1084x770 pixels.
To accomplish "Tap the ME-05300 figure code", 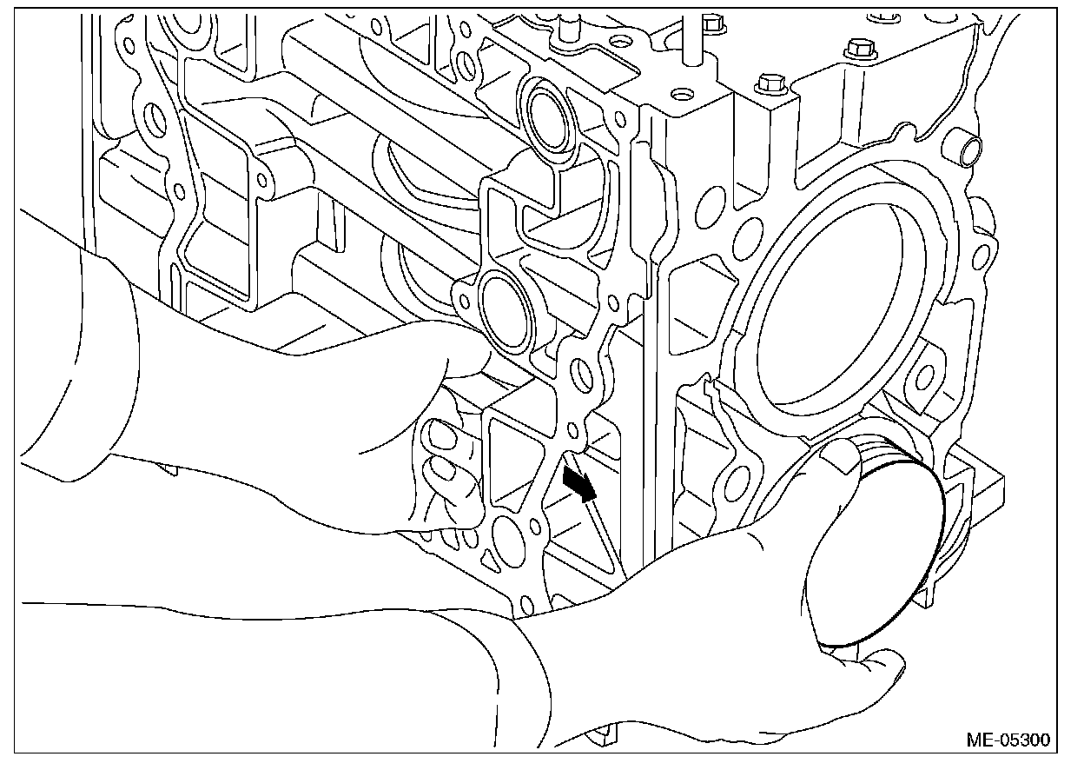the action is point(1007,740).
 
